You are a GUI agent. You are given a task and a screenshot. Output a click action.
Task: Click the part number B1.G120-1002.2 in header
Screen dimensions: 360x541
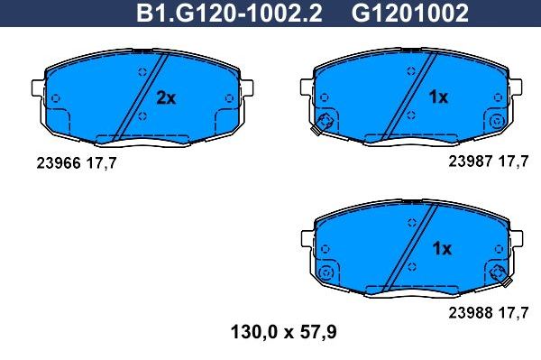(230, 13)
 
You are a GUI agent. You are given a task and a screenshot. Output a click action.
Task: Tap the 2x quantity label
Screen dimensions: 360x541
(166, 97)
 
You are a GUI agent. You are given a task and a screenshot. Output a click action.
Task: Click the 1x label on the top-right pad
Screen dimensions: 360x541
(437, 97)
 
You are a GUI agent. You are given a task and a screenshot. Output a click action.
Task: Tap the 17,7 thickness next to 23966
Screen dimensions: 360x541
(102, 162)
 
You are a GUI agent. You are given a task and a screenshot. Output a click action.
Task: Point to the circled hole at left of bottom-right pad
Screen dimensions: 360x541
(327, 272)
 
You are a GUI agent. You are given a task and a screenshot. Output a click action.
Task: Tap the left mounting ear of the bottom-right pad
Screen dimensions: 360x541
(306, 240)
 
